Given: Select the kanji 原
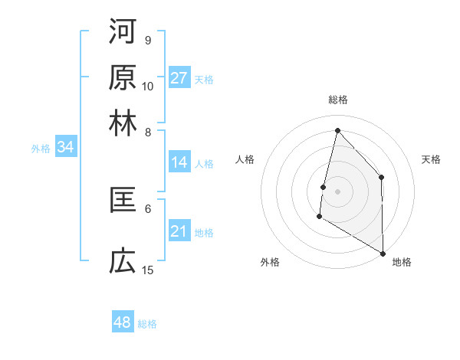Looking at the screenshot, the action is [123, 78].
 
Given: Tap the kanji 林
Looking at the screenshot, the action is [123, 123].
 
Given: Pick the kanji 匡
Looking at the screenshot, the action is [123, 201].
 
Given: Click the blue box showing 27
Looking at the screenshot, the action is [179, 78].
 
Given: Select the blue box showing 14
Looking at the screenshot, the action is [179, 162].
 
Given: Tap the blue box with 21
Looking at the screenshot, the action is [179, 231].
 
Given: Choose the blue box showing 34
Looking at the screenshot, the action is [65, 148].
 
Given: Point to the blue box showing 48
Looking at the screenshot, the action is [123, 322].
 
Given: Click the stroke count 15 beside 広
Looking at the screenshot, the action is [148, 270].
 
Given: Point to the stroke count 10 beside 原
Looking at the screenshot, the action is [148, 86].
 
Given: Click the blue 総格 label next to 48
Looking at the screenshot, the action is [147, 324].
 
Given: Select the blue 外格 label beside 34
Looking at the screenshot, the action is [41, 149].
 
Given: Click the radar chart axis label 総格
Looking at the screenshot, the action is [337, 100].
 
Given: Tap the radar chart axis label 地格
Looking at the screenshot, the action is [402, 262].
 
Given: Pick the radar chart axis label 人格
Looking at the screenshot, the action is [245, 159].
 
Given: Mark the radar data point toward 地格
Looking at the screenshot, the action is [383, 253].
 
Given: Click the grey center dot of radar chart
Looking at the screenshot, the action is [337, 191].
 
